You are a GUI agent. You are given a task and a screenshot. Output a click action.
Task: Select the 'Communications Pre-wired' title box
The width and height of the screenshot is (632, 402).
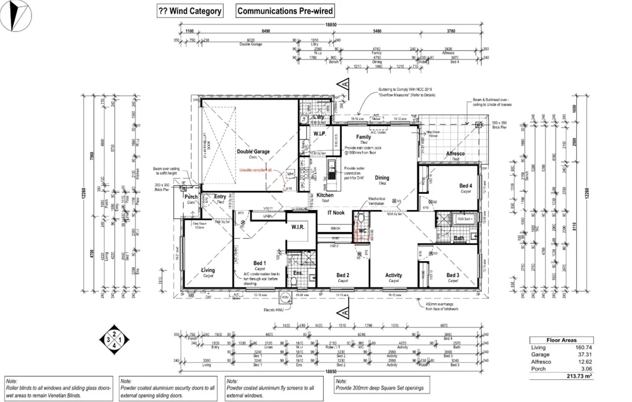coord(285,11)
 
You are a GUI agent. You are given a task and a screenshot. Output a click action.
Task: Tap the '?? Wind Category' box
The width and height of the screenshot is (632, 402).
coord(190,11)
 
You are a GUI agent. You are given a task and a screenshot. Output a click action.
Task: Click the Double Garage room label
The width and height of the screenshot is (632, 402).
coord(253,152)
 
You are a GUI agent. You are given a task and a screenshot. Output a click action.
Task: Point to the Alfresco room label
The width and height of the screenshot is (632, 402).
coord(455,154)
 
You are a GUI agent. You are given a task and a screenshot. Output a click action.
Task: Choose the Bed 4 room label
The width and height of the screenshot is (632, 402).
coord(465,186)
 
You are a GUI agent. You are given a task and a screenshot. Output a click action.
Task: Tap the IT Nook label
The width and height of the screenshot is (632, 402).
coord(336,213)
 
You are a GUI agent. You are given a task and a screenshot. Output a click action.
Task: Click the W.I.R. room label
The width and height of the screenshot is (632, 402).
coord(298,227)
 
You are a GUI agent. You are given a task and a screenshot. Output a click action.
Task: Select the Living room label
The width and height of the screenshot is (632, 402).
coord(208,270)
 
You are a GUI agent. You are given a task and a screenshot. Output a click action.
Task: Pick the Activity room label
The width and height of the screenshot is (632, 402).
coord(393,275)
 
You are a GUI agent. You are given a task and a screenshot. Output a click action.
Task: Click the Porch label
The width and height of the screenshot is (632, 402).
coord(191,197)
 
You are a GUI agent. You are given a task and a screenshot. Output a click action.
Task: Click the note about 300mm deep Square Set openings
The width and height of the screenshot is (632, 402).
coord(379,388)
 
